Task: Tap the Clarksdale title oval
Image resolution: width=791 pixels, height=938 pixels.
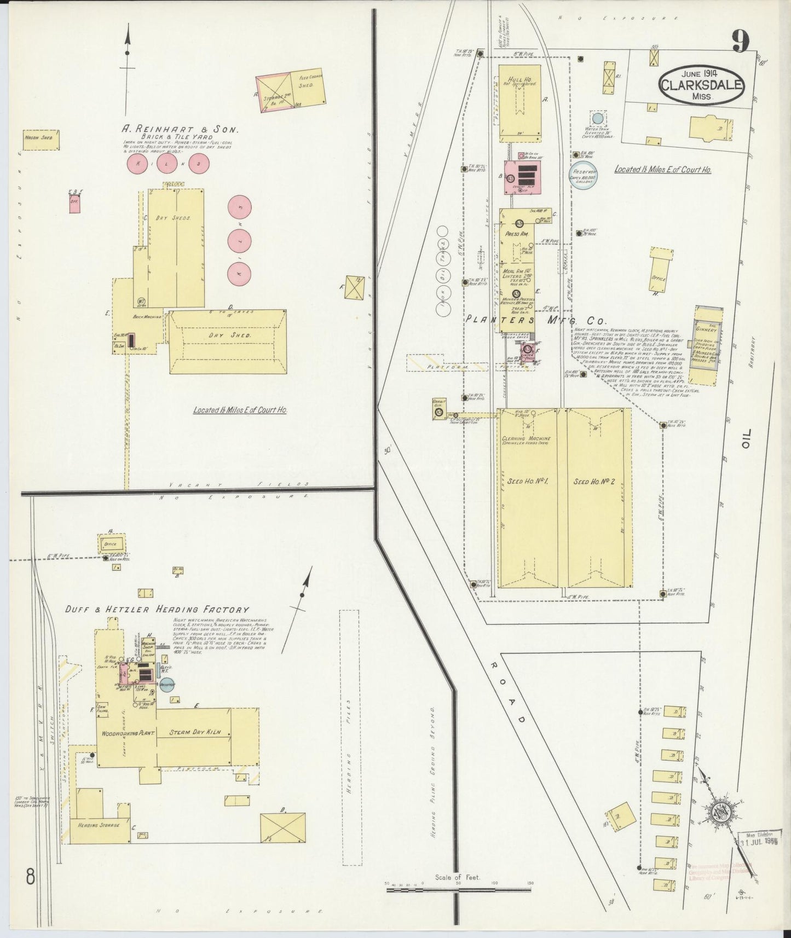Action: [x=702, y=86]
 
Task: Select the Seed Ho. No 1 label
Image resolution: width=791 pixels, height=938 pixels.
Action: [x=527, y=482]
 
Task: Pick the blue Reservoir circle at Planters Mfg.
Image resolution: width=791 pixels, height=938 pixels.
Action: [x=584, y=175]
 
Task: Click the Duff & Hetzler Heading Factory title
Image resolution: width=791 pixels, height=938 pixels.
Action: [x=157, y=610]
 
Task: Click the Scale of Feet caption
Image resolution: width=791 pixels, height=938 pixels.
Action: [x=458, y=877]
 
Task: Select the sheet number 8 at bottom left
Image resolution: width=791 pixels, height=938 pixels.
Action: [x=30, y=879]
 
